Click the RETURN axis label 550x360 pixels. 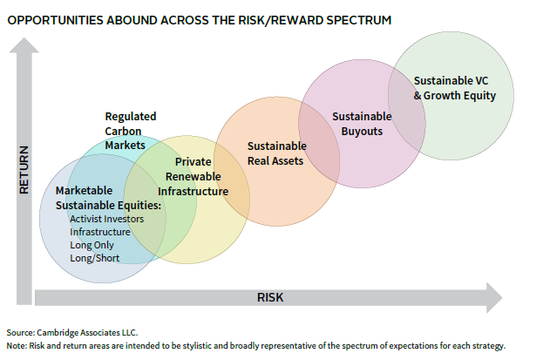click(24, 170)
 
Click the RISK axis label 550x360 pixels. click(270, 297)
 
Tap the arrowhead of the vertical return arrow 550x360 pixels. click(24, 45)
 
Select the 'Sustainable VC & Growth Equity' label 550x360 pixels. click(455, 88)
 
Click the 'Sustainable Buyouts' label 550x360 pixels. click(362, 124)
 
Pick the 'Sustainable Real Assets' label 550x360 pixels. click(277, 153)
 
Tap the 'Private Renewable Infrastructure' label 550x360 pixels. click(193, 176)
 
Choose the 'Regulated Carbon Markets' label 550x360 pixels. click(131, 131)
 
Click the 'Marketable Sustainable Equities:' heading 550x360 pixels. click(108, 198)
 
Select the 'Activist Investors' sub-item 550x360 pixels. click(106, 219)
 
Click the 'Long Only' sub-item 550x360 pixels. click(92, 245)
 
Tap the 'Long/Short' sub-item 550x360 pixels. click(95, 258)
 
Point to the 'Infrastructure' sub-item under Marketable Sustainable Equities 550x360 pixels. click(100, 232)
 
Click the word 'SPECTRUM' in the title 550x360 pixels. click(359, 20)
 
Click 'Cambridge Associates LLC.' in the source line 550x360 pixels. click(87, 332)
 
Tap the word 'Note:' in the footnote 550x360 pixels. click(17, 345)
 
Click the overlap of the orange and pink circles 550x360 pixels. click(319, 144)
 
